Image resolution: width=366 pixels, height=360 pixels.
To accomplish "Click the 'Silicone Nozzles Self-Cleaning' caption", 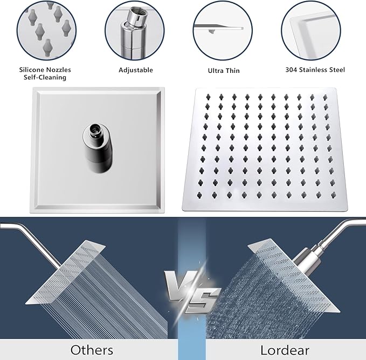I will (x=45, y=73).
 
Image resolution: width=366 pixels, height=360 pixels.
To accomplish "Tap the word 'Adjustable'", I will (x=136, y=70).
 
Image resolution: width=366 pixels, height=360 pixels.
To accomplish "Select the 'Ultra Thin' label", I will (x=224, y=71).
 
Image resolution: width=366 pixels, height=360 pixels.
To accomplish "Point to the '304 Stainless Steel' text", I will (x=315, y=70).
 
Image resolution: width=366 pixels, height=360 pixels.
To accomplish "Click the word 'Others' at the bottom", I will (x=92, y=349).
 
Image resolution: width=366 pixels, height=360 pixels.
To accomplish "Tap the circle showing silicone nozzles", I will (x=45, y=29).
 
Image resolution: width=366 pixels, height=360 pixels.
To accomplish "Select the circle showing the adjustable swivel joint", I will (x=134, y=29).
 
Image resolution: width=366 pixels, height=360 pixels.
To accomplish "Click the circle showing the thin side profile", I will (x=224, y=29).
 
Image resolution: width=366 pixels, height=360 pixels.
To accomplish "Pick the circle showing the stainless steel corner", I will (x=314, y=29).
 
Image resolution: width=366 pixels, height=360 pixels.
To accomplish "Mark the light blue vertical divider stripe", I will (x=191, y=243).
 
